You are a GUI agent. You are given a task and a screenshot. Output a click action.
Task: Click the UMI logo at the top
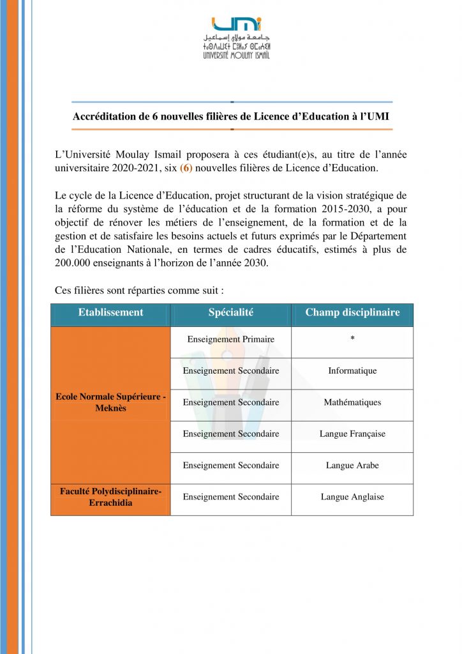click(x=236, y=37)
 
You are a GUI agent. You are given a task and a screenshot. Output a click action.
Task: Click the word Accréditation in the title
click(x=103, y=117)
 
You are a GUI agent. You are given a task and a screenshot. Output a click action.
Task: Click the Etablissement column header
click(x=110, y=312)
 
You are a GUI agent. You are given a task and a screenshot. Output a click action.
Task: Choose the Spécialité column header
click(x=230, y=312)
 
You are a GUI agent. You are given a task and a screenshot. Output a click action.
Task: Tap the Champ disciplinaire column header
click(x=352, y=312)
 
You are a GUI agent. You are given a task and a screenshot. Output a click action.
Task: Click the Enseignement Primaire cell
click(x=230, y=339)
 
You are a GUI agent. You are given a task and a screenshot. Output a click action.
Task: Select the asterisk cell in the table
click(x=352, y=339)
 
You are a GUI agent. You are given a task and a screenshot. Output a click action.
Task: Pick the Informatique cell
click(x=352, y=370)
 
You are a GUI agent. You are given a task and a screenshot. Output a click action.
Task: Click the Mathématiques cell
click(x=352, y=402)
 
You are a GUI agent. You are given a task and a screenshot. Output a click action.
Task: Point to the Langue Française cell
click(x=352, y=434)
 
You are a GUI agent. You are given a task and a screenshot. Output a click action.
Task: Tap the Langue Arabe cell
click(x=352, y=465)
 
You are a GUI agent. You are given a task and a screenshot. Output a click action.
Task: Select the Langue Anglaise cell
click(x=352, y=496)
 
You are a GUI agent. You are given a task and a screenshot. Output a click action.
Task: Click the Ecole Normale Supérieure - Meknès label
click(x=110, y=402)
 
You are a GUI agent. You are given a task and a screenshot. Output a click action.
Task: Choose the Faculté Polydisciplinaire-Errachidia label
click(x=110, y=496)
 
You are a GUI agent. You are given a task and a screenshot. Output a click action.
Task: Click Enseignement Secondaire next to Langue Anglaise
click(x=230, y=496)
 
